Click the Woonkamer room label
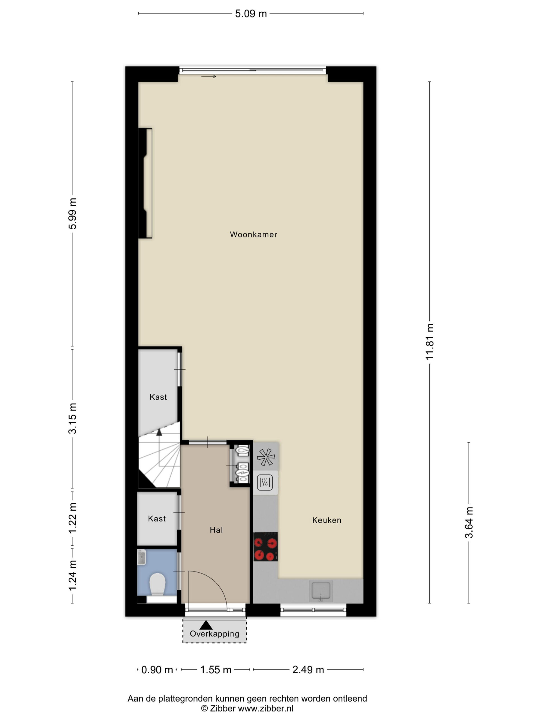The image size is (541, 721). pos(253,234)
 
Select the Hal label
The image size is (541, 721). pos(216,530)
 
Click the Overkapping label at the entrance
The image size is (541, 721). pos(215,634)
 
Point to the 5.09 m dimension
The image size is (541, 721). pos(251,14)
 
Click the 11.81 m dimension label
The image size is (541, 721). pos(429,342)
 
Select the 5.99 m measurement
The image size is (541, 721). pos(72,213)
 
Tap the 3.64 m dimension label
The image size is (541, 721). pos(469,522)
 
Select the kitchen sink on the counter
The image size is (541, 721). pos(321,591)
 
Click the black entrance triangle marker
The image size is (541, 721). pos(206,625)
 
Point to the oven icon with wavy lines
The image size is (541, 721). pos(265,482)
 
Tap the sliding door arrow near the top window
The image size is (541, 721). pos(209,77)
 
